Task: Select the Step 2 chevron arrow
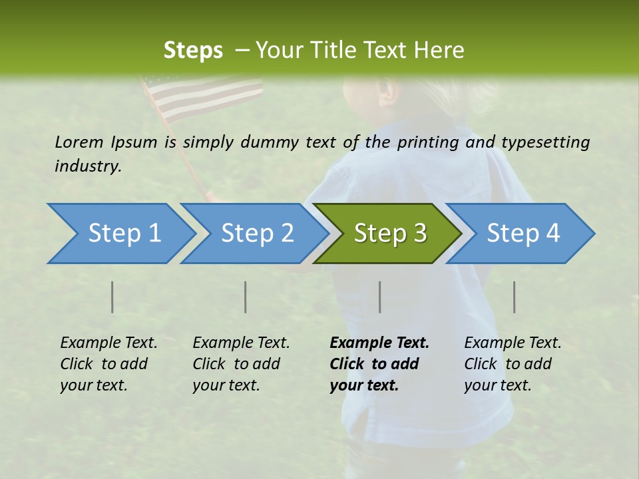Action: pyautogui.click(x=257, y=234)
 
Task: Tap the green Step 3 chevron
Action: pyautogui.click(x=390, y=234)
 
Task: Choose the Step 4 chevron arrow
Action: pyautogui.click(x=523, y=234)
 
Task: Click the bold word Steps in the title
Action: pyautogui.click(x=193, y=50)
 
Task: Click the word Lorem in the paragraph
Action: pyautogui.click(x=79, y=142)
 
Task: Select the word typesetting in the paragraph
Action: pyautogui.click(x=545, y=142)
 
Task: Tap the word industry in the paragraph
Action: pyautogui.click(x=87, y=166)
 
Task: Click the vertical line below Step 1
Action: pyautogui.click(x=112, y=297)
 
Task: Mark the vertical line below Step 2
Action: pyautogui.click(x=246, y=297)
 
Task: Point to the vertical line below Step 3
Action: pyautogui.click(x=380, y=297)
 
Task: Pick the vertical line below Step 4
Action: pyautogui.click(x=515, y=297)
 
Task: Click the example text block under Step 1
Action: pyautogui.click(x=108, y=364)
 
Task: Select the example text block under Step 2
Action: pyautogui.click(x=241, y=364)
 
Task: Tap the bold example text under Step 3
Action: pyautogui.click(x=379, y=364)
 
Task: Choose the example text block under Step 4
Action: pyautogui.click(x=513, y=364)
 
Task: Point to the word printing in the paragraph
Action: pyautogui.click(x=425, y=142)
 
